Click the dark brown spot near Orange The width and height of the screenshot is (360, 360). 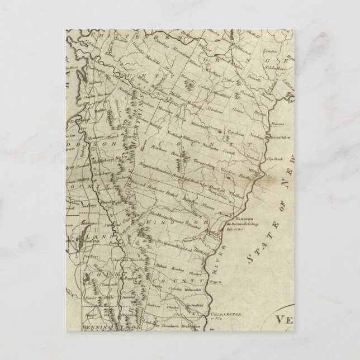pyautogui.click(x=221, y=132)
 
